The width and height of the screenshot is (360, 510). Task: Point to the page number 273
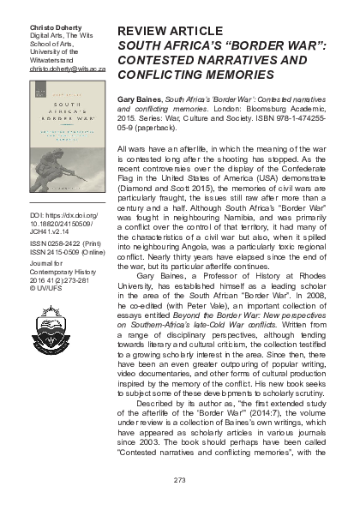[x=179, y=478]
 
